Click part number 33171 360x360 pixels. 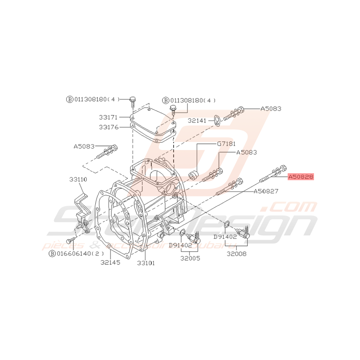point(109,116)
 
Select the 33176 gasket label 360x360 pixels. point(109,126)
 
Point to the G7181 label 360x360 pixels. point(226,143)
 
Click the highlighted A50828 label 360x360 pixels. point(300,177)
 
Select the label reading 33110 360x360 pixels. point(78,179)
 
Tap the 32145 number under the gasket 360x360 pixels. point(111,262)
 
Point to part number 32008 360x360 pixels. point(237,254)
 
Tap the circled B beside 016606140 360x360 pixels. point(51,254)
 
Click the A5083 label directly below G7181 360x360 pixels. point(246,152)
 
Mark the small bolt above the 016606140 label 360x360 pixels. point(70,241)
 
